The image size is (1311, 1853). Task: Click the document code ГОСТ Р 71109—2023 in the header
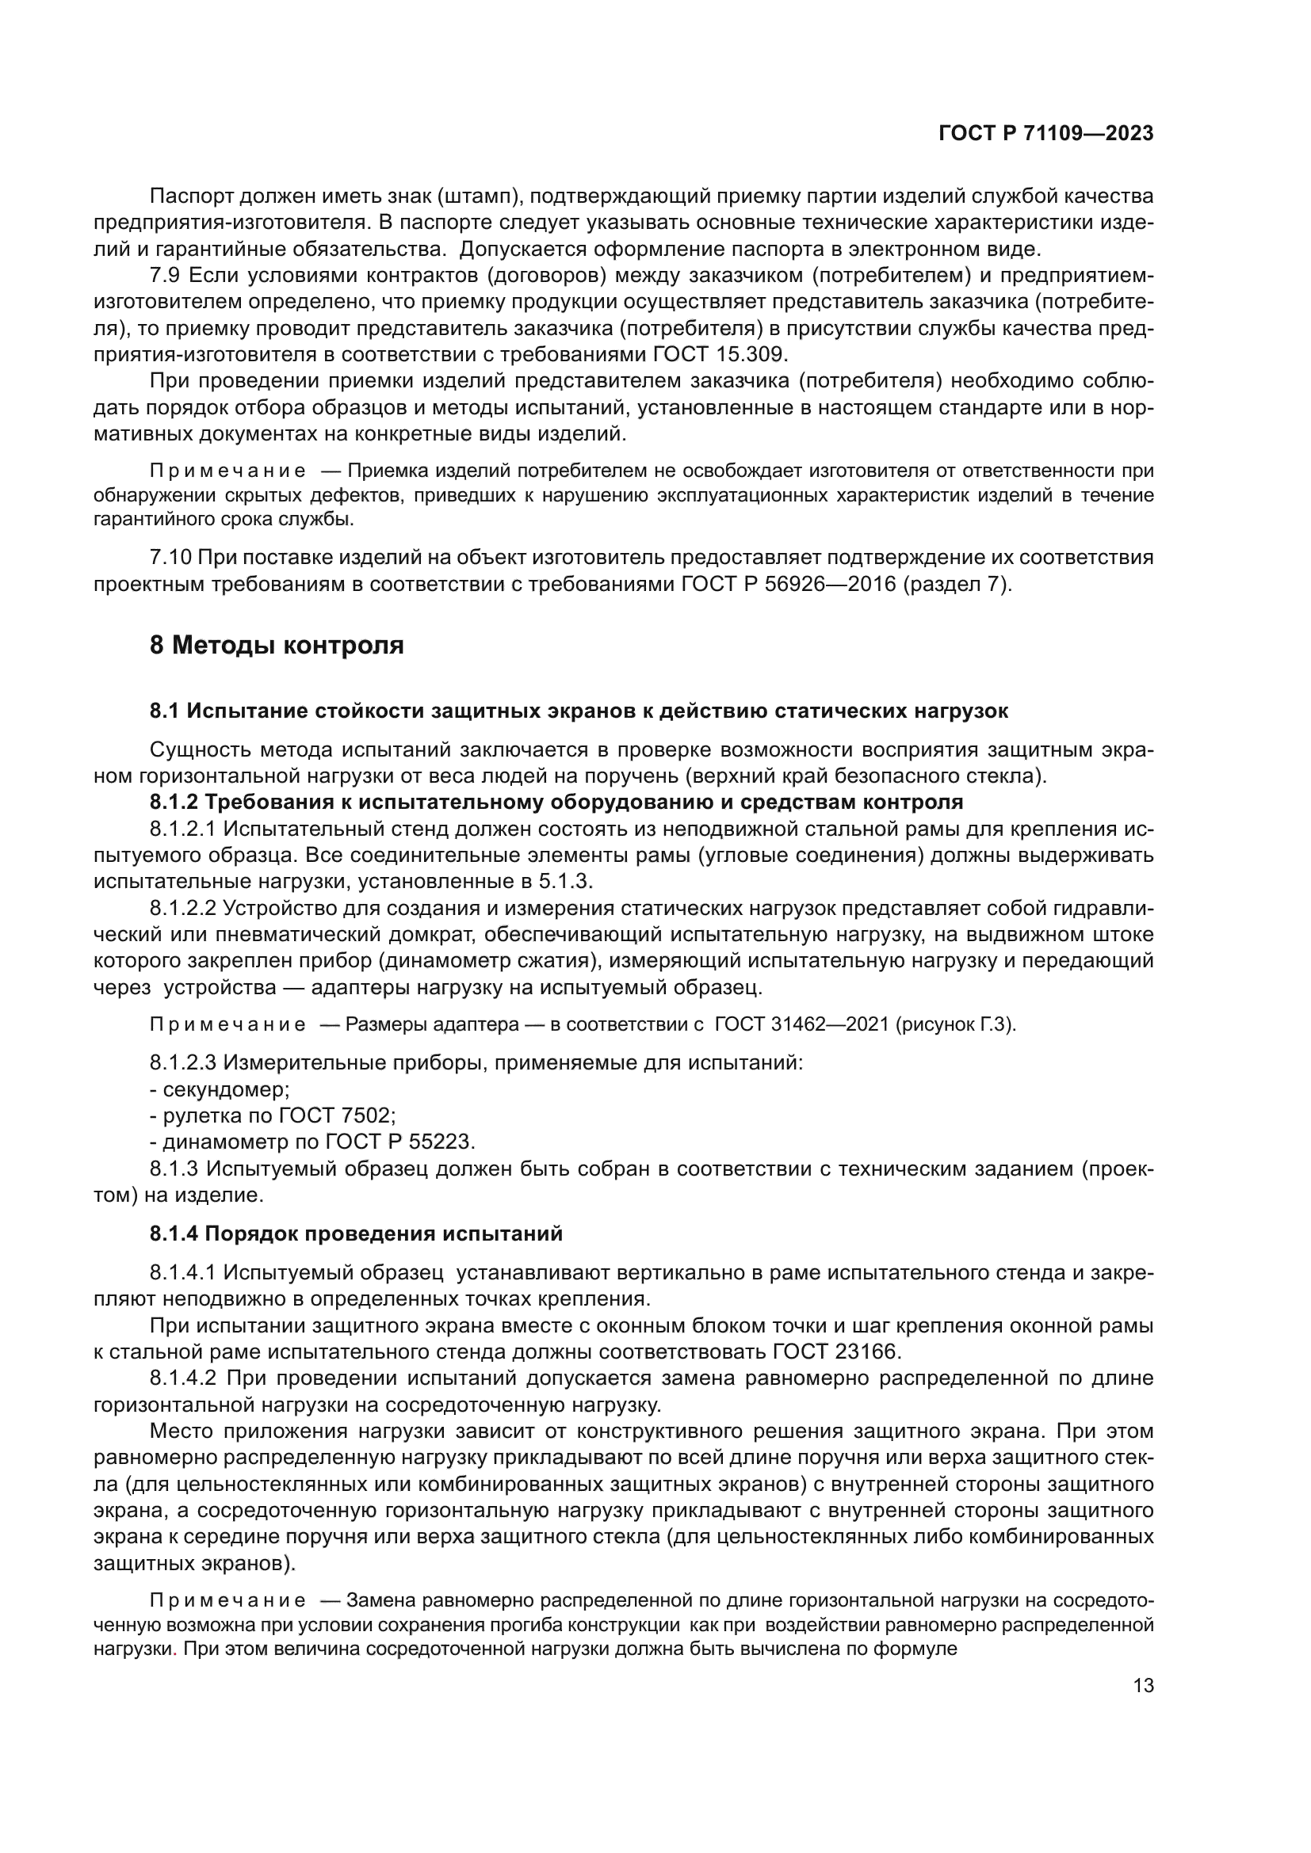[1046, 134]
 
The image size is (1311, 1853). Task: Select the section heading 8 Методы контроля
[277, 646]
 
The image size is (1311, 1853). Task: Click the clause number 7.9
[165, 276]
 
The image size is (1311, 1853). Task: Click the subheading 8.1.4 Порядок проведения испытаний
[356, 1234]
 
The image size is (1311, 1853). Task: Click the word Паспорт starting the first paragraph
[188, 197]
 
